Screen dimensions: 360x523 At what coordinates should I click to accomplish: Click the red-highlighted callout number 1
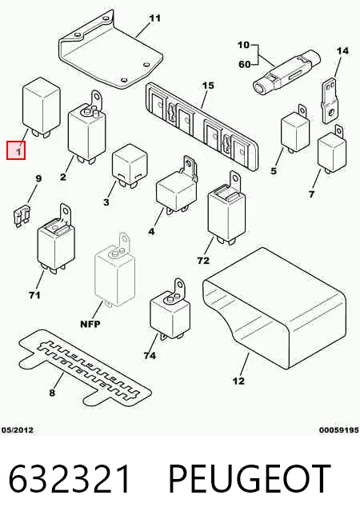click(x=16, y=150)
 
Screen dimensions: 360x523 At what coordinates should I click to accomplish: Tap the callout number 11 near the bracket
click(x=155, y=18)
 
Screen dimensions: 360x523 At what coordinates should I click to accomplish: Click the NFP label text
click(x=90, y=324)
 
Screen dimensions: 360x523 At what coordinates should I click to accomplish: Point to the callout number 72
click(x=203, y=261)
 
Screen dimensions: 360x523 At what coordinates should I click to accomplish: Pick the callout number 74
click(x=150, y=356)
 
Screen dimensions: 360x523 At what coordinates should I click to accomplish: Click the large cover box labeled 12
click(x=274, y=308)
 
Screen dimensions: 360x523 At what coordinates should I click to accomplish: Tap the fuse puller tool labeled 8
click(x=85, y=368)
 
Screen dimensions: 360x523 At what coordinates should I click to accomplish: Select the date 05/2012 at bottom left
click(x=18, y=430)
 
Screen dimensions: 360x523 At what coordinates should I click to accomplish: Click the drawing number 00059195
click(x=339, y=430)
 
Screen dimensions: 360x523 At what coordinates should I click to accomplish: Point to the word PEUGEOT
click(x=250, y=478)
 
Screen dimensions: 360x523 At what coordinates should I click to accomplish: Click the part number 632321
click(x=69, y=478)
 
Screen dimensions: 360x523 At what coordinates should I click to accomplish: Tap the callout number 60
click(x=245, y=64)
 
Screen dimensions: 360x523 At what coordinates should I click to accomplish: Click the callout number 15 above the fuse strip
click(x=208, y=86)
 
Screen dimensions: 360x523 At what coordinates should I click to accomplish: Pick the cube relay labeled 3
click(x=130, y=166)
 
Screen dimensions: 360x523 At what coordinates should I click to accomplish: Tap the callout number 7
click(x=312, y=194)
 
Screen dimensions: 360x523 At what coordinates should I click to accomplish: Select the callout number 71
click(x=34, y=295)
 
